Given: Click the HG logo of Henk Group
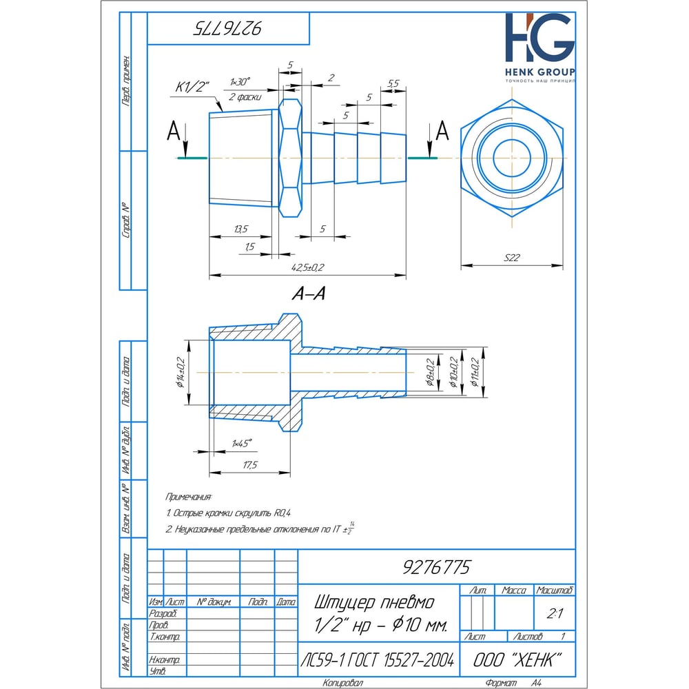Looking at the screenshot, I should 539,40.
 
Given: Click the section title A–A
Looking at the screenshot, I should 308,294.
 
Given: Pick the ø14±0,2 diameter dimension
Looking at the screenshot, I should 181,373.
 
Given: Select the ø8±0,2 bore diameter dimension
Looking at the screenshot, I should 430,373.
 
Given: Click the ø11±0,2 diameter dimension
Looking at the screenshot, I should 475,373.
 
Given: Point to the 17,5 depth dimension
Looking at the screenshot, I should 249,465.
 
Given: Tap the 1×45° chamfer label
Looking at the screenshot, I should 242,442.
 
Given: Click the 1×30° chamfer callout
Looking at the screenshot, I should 240,81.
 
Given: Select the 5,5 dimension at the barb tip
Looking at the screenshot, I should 393,83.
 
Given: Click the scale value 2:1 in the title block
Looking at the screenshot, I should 553,613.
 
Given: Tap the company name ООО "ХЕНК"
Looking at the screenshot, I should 514,659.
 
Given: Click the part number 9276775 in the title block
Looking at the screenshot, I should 435,567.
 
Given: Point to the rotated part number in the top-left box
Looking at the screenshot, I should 228,28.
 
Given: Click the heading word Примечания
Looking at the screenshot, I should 189,496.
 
